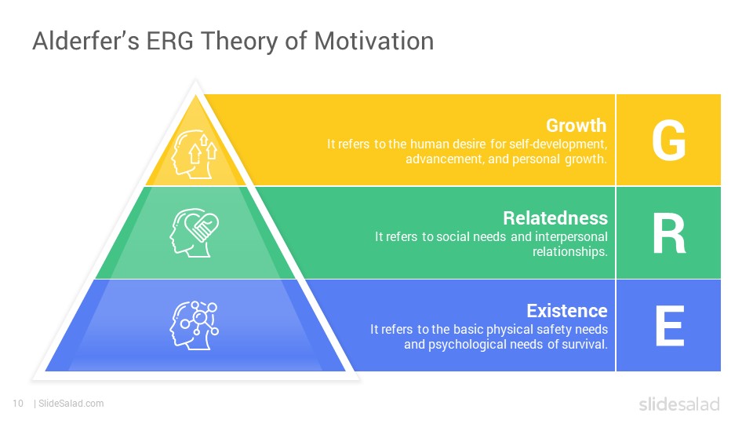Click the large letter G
click(668, 140)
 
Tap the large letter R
click(669, 233)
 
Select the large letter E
click(670, 326)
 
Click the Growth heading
click(577, 126)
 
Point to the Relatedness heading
click(555, 217)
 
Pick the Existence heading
click(567, 311)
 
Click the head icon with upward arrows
click(195, 155)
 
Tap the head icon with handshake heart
click(194, 232)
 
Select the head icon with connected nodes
click(194, 325)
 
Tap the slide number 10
click(18, 404)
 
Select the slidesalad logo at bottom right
click(679, 404)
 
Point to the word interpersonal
click(571, 236)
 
